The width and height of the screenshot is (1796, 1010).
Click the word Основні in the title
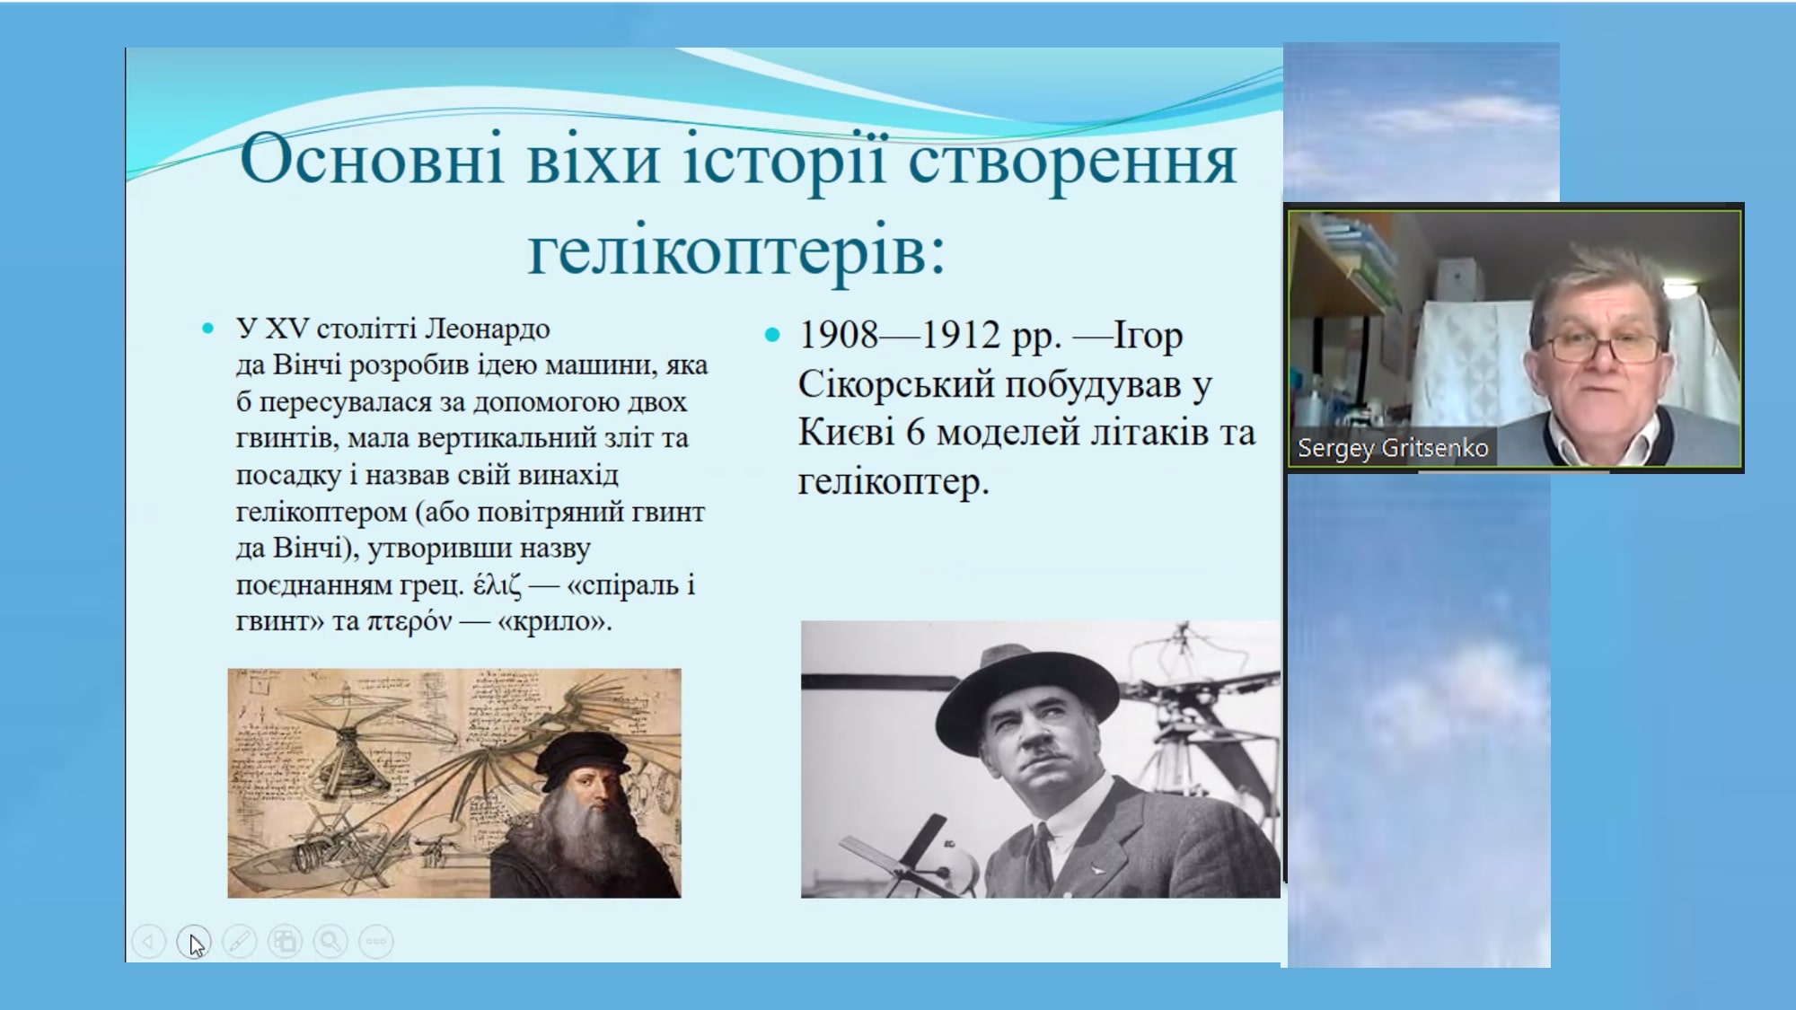click(x=372, y=159)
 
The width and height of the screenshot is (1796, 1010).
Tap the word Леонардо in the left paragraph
click(x=487, y=329)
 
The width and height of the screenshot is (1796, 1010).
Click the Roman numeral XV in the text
click(x=287, y=329)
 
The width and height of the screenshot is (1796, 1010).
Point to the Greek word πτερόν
click(x=409, y=621)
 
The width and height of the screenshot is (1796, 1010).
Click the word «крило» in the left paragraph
click(x=550, y=621)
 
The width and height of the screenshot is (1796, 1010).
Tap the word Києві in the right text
click(x=847, y=433)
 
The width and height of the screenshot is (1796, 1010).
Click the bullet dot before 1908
click(x=772, y=336)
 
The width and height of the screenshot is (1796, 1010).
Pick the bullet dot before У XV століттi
click(x=208, y=329)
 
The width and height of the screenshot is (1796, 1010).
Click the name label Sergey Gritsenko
click(x=1393, y=447)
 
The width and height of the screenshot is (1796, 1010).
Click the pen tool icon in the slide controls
click(x=240, y=941)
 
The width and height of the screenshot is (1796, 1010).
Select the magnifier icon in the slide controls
click(x=330, y=941)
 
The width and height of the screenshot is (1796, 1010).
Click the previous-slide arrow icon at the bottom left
click(x=148, y=941)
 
